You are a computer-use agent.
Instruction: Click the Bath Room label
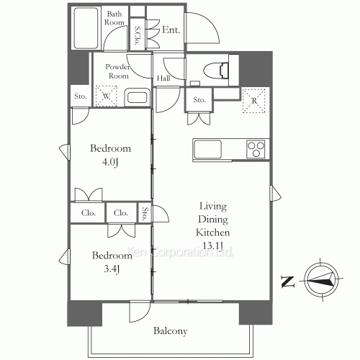[116, 18]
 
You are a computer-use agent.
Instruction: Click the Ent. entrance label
[171, 30]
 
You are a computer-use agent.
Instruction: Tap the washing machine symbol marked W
[107, 94]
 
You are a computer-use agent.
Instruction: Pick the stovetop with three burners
[256, 149]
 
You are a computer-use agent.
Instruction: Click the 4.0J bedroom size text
[110, 162]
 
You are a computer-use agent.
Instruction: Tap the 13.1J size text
[214, 246]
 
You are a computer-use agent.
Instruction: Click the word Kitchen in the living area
[213, 233]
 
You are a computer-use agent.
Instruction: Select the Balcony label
[170, 331]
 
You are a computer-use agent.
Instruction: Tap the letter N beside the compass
[286, 282]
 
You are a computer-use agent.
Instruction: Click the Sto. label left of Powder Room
[78, 96]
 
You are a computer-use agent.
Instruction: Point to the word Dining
[213, 220]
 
